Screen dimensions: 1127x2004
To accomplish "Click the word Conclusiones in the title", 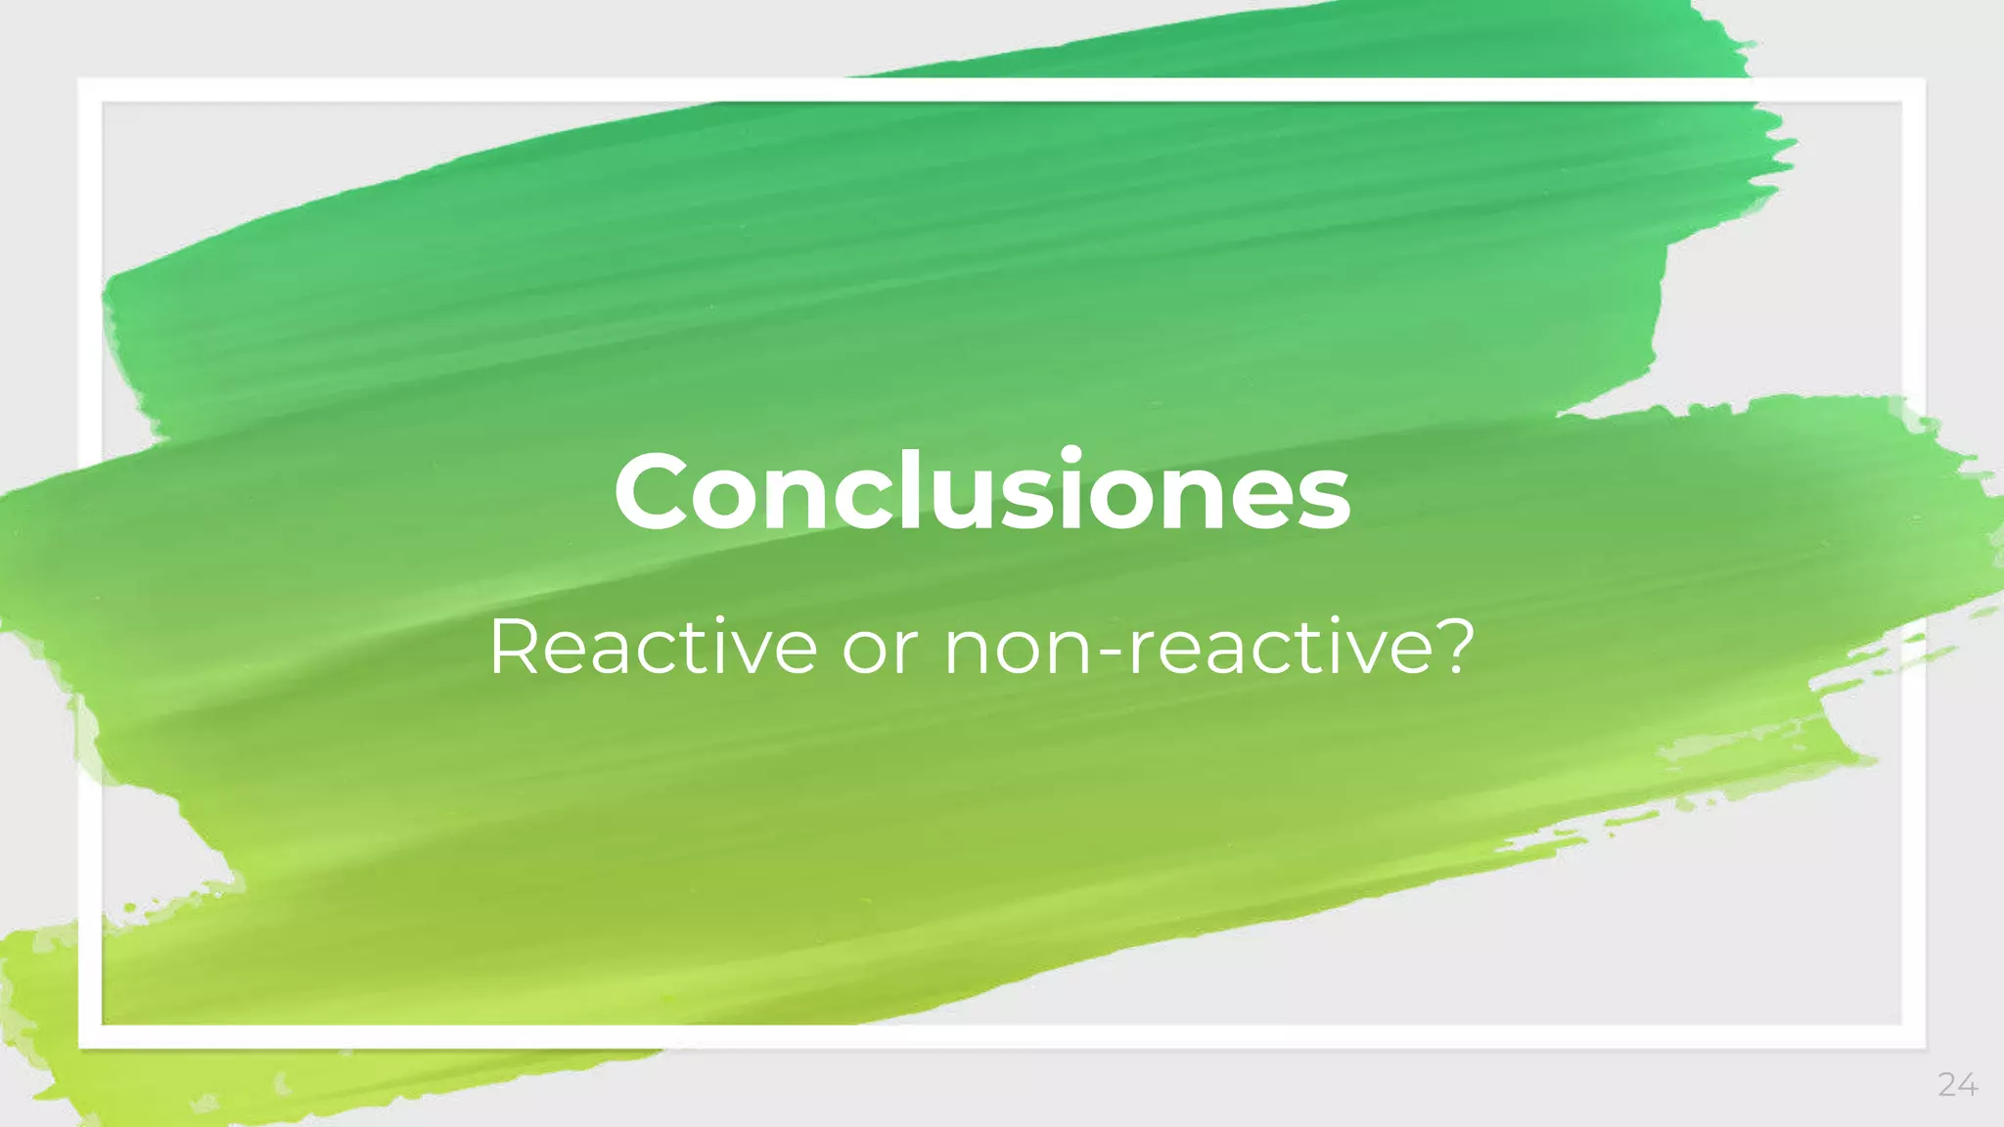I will tap(981, 492).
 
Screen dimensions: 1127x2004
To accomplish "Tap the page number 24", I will tap(1957, 1084).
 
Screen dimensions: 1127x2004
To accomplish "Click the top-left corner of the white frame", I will tap(90, 90).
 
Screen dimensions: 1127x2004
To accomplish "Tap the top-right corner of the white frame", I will tap(1913, 90).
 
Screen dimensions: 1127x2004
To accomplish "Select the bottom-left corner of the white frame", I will tap(90, 1036).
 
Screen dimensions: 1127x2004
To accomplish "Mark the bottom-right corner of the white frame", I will tap(1913, 1036).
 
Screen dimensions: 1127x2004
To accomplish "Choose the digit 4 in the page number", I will tap(1967, 1084).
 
